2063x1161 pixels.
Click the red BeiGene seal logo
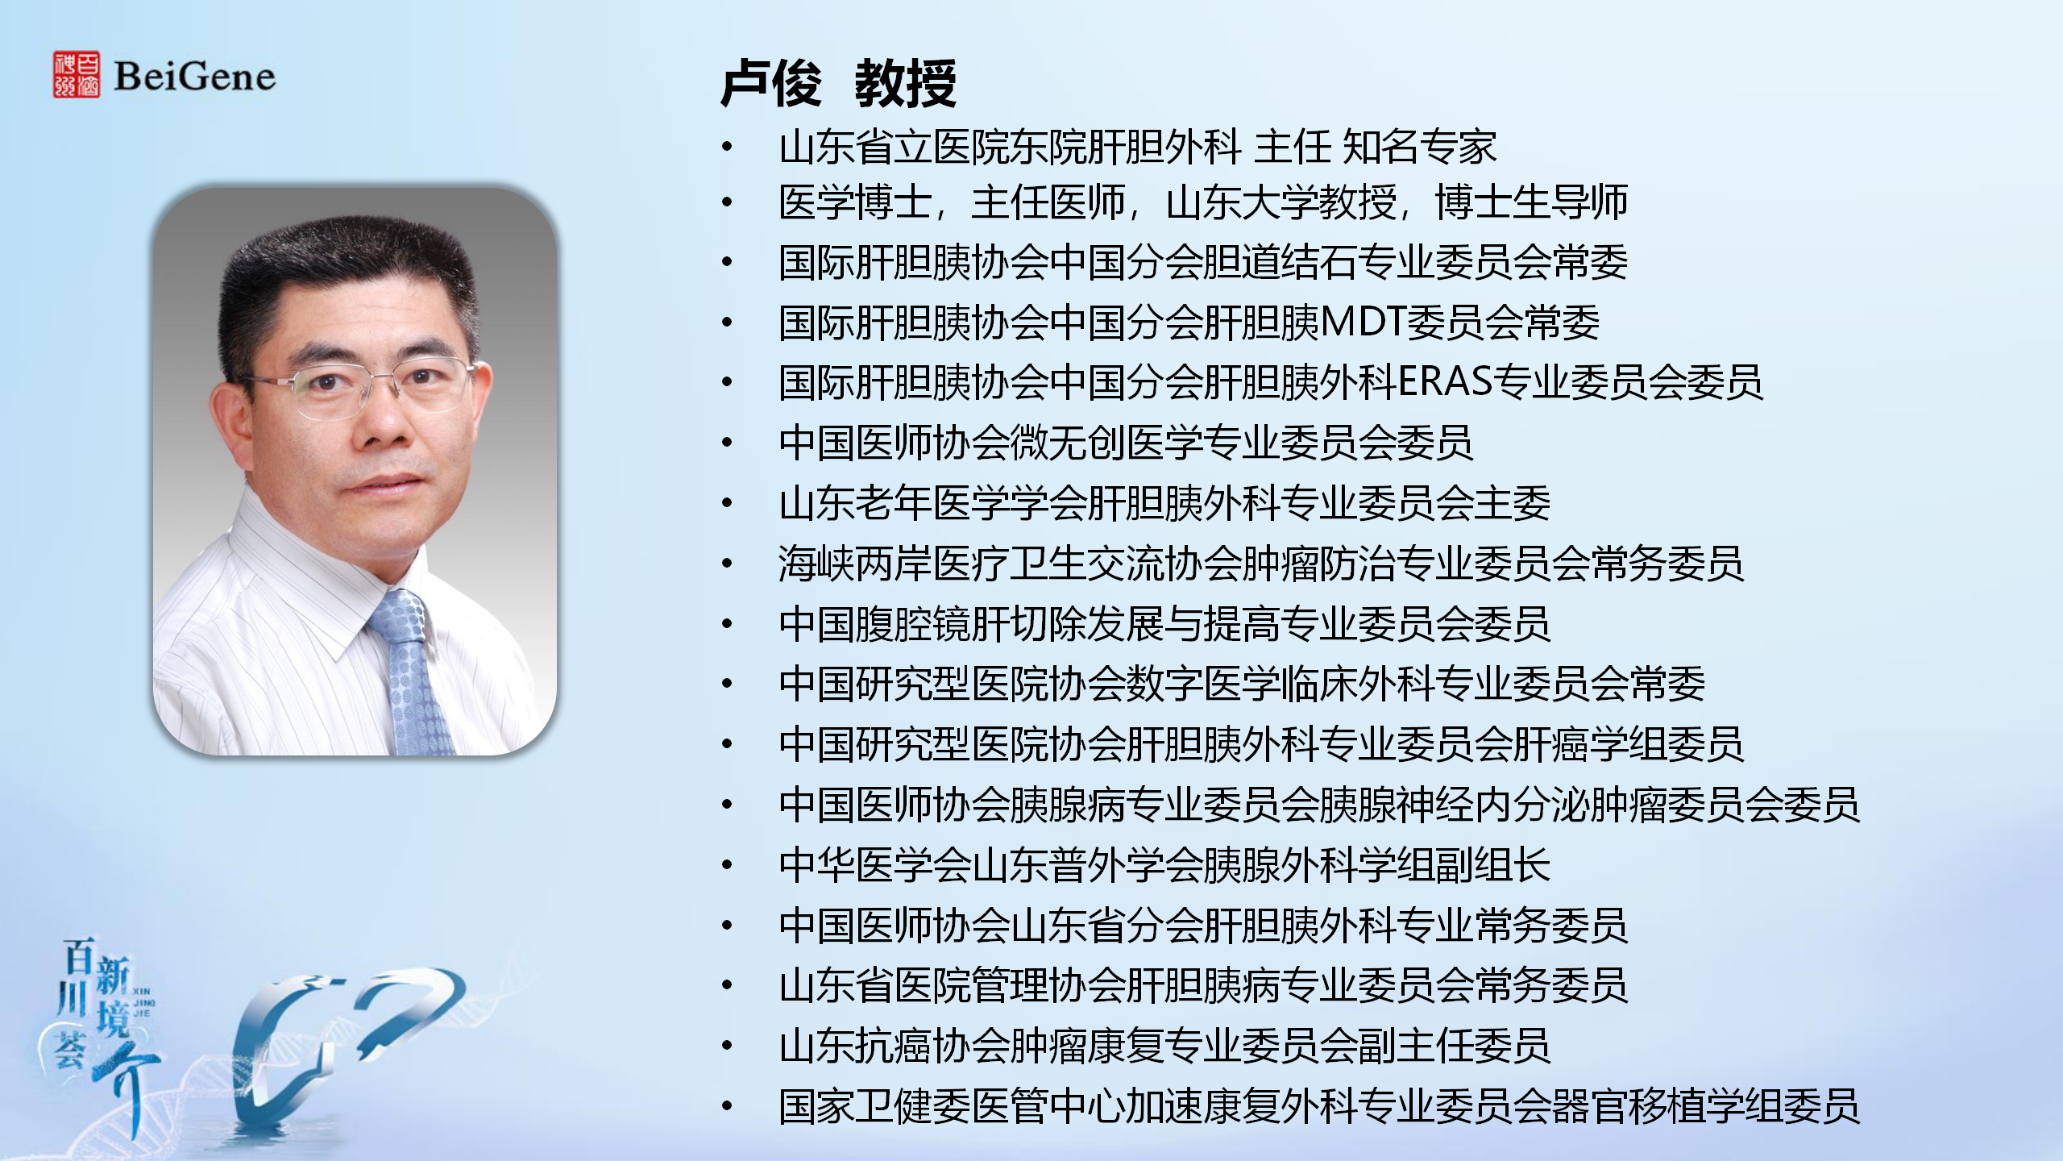coord(77,75)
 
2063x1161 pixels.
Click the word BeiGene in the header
coord(195,77)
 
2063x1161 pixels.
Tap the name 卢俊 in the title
coord(771,83)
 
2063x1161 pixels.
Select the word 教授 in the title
coord(906,83)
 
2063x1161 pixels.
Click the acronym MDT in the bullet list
coord(1364,322)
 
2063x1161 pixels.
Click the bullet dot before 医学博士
coord(728,202)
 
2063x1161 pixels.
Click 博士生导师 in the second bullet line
coord(1532,202)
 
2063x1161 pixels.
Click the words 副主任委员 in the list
coord(1454,1046)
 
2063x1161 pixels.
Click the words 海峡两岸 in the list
coord(856,563)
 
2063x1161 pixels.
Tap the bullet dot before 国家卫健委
coord(728,1106)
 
